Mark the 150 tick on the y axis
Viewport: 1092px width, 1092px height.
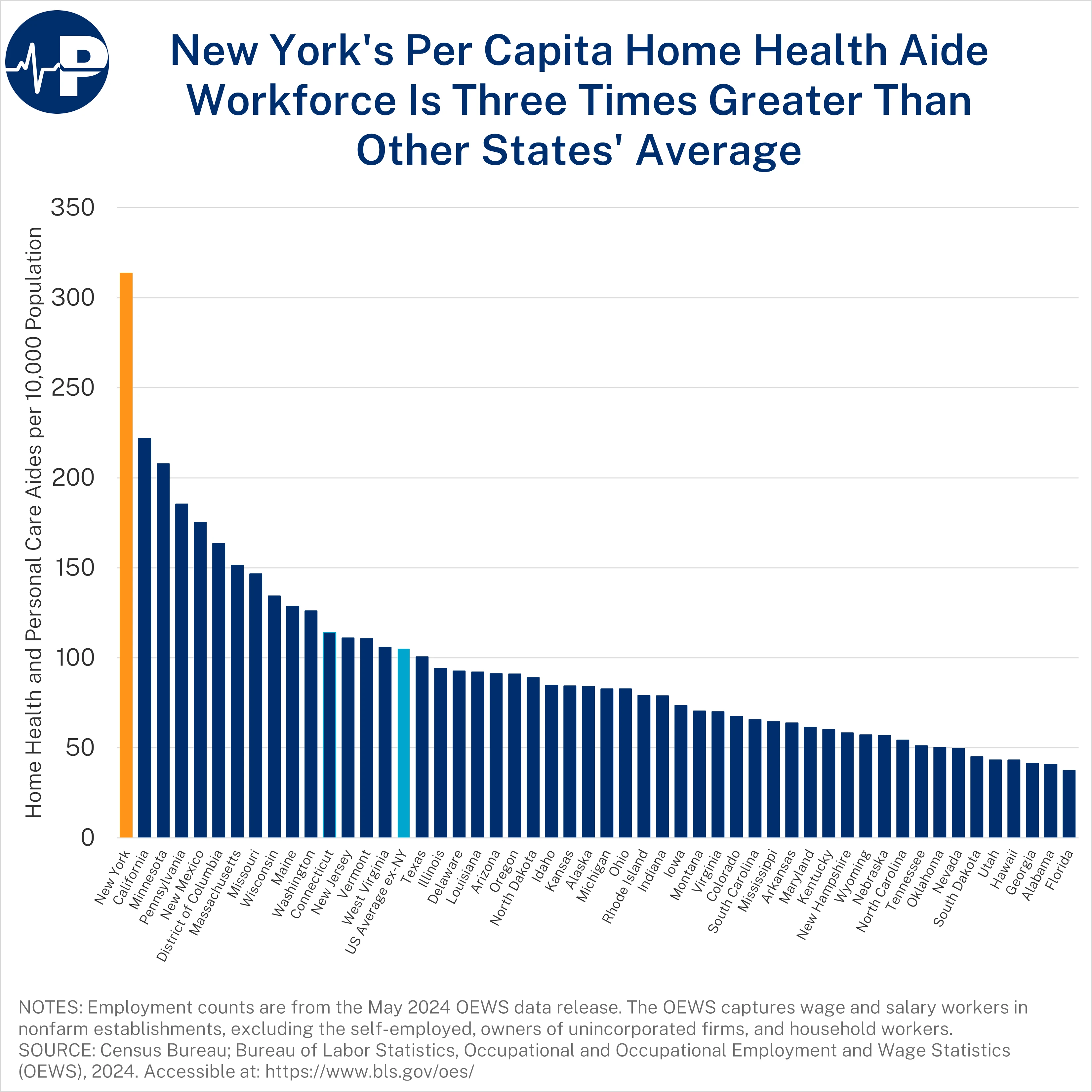click(72, 568)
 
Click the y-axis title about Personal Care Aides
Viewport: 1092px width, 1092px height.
click(34, 522)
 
